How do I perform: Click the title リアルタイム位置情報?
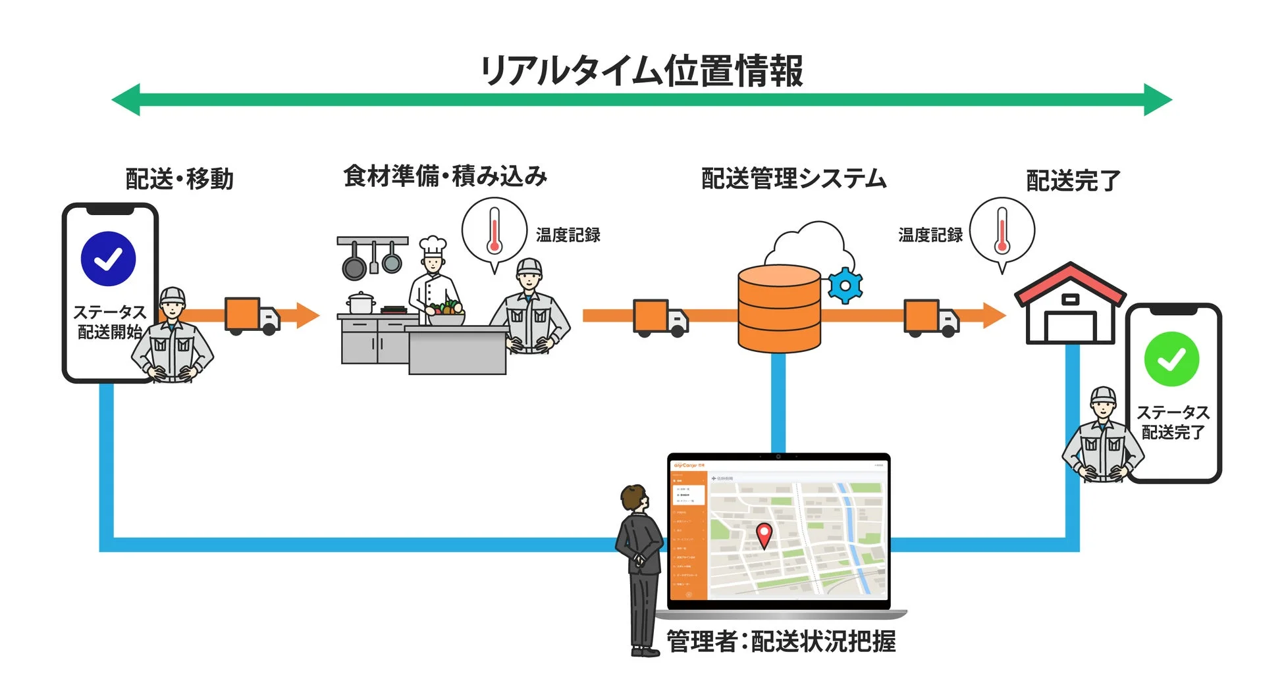click(x=642, y=70)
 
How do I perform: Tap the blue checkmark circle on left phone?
click(x=108, y=259)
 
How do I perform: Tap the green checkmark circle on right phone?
click(x=1171, y=359)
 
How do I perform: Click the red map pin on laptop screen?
click(x=763, y=534)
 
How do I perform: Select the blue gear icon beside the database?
click(x=845, y=286)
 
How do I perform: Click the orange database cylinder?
click(x=779, y=308)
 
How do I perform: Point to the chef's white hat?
click(x=433, y=246)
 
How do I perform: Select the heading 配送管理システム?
click(x=793, y=178)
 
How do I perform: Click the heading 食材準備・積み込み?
click(x=445, y=176)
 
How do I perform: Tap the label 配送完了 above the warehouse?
click(x=1073, y=180)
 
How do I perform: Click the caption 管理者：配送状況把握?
click(x=781, y=641)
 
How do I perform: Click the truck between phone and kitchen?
click(x=252, y=316)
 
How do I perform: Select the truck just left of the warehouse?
click(x=930, y=318)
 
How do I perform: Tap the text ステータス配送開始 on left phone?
click(x=109, y=322)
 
